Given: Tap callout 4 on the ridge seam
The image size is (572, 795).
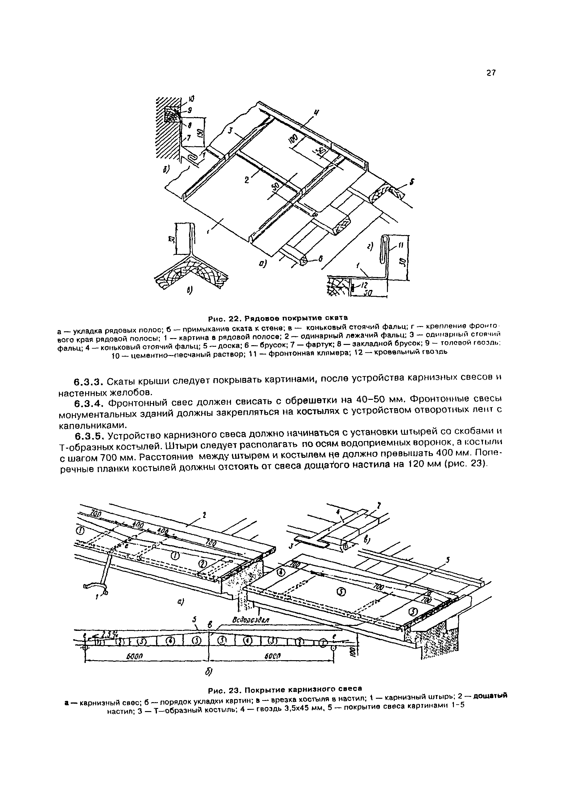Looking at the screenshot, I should click(317, 113).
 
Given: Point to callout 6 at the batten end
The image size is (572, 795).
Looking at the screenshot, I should click(320, 259).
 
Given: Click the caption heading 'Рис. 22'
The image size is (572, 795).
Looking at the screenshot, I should click(223, 319).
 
